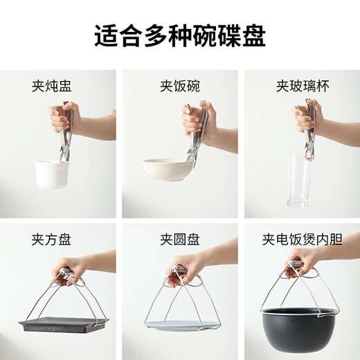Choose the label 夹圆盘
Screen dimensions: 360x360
pyautogui.click(x=179, y=240)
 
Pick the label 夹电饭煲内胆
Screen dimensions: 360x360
pyautogui.click(x=300, y=240)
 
